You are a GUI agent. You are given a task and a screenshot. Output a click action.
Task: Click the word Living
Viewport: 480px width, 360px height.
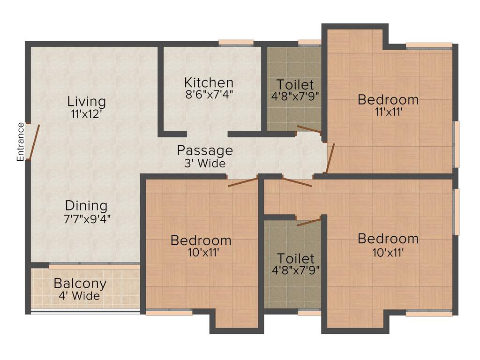[86, 101]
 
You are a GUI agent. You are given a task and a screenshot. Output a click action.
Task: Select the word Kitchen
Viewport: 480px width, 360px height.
[209, 82]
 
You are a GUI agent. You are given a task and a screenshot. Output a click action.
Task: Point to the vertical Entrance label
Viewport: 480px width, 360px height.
[20, 142]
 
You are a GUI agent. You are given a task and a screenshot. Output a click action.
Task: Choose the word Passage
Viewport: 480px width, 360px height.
[204, 150]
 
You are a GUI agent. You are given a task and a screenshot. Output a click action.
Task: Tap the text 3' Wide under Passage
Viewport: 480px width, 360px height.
[204, 164]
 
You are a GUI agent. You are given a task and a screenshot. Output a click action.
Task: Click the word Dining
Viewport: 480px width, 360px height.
[86, 205]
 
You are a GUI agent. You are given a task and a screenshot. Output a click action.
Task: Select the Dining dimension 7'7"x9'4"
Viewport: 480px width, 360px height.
[87, 217]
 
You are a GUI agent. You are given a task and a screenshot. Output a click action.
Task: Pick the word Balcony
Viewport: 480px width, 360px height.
[80, 284]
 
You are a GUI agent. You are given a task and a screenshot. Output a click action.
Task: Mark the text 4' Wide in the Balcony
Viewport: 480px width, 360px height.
[80, 296]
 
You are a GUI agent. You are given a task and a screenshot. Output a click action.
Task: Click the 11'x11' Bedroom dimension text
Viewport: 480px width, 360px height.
[388, 112]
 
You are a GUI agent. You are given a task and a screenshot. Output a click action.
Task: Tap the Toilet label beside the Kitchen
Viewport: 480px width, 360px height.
[295, 85]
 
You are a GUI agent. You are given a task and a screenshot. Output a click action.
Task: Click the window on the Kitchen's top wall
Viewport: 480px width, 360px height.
[236, 44]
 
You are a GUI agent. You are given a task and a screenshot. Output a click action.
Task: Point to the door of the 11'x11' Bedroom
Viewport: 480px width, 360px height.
[330, 158]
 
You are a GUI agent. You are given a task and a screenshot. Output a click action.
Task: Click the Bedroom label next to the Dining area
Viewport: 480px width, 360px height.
[201, 240]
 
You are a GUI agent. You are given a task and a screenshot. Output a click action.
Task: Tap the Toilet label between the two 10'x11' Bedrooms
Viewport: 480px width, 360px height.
[295, 258]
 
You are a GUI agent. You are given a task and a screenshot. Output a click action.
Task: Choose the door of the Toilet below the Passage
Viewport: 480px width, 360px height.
[308, 221]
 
